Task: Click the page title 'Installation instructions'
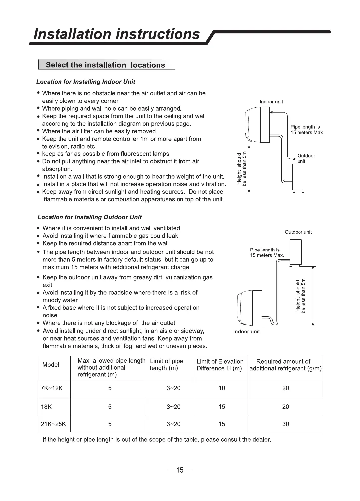[x=117, y=34]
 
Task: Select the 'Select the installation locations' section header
[x=105, y=65]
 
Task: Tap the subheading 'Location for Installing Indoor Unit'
[x=85, y=82]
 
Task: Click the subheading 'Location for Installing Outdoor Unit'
[x=89, y=217]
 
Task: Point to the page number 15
[x=180, y=470]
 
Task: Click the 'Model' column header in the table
[x=51, y=365]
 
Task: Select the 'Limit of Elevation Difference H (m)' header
[x=220, y=365]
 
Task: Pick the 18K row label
[x=46, y=407]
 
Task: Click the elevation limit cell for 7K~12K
[x=222, y=388]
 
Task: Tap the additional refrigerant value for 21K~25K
[x=286, y=424]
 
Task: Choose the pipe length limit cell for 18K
[x=173, y=407]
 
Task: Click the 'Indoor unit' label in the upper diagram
[x=271, y=102]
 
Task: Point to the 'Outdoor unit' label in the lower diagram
[x=298, y=232]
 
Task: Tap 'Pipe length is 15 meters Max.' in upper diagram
[x=307, y=130]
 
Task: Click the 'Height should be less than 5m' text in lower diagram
[x=301, y=296]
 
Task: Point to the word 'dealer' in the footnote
[x=261, y=440]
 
